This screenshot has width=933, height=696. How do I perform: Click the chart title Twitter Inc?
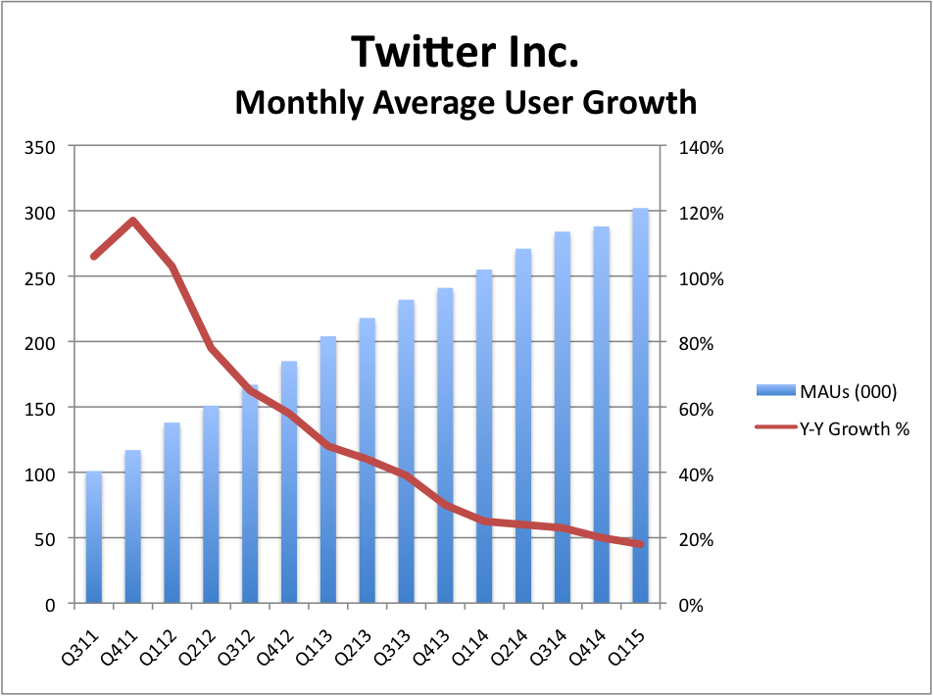click(x=466, y=51)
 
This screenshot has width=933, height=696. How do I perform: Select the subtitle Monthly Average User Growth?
click(x=466, y=101)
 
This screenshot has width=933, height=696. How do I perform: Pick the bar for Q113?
click(x=328, y=471)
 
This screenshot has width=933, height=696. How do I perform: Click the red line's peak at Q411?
click(x=133, y=221)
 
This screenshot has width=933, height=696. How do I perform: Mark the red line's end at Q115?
click(x=641, y=544)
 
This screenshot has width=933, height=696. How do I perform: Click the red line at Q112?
click(x=172, y=267)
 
